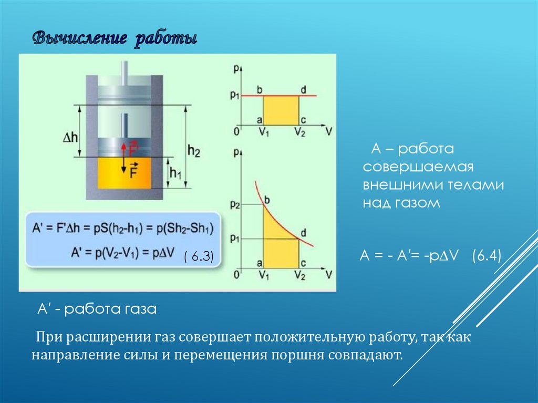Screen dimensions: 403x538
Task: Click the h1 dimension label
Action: [174, 172]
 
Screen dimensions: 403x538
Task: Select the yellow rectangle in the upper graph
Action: [281, 110]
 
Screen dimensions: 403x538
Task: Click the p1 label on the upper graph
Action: [234, 96]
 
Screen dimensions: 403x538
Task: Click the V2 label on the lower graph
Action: [299, 275]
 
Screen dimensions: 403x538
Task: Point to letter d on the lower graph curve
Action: [303, 232]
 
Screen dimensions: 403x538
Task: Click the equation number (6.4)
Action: [487, 256]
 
